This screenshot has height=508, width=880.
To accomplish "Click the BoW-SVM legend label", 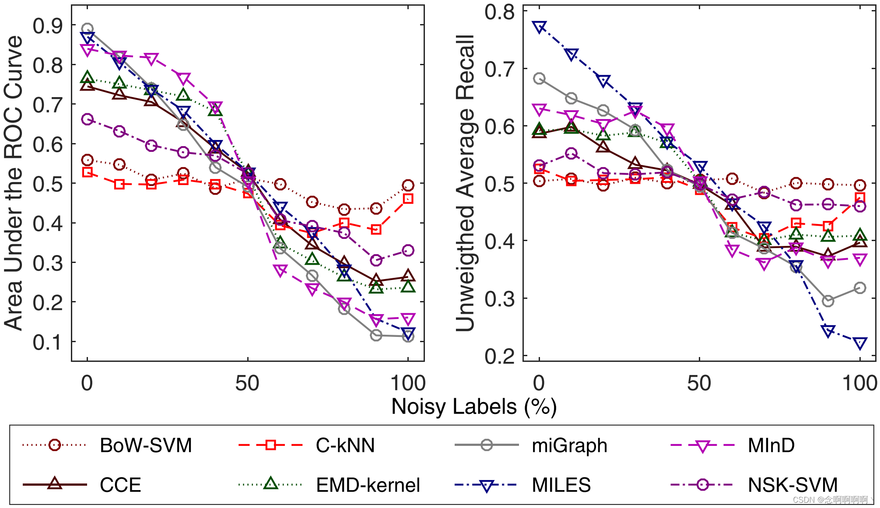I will coord(146,445).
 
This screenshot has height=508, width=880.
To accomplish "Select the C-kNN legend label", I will coord(345,445).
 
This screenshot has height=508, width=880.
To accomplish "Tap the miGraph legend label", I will coord(569,445).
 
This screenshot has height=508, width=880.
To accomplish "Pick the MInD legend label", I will coord(771,445).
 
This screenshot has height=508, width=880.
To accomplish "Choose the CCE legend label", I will coord(120,485).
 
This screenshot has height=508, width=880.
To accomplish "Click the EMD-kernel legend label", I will coord(368,485).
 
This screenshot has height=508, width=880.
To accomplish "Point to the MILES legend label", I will coord(561,485).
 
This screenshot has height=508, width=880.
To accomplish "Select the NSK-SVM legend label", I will coord(792,485).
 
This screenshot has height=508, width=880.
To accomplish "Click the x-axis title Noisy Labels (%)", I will coord(474,406).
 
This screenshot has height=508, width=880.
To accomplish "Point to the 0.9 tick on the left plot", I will coord(48,26).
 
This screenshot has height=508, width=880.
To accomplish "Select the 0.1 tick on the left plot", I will coord(48,342).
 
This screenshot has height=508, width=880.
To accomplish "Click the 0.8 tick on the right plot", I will coord(499,12).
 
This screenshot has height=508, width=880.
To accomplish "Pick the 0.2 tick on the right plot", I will coord(499,357).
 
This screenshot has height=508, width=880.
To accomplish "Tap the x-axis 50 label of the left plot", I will coord(247,383).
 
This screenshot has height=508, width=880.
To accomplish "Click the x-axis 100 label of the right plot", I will coord(860,383).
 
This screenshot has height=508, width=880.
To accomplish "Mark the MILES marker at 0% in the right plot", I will coord(540,27).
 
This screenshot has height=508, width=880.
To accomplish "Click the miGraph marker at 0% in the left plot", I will coord(88,29).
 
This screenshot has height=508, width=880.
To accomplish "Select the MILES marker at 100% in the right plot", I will coord(860,343).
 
